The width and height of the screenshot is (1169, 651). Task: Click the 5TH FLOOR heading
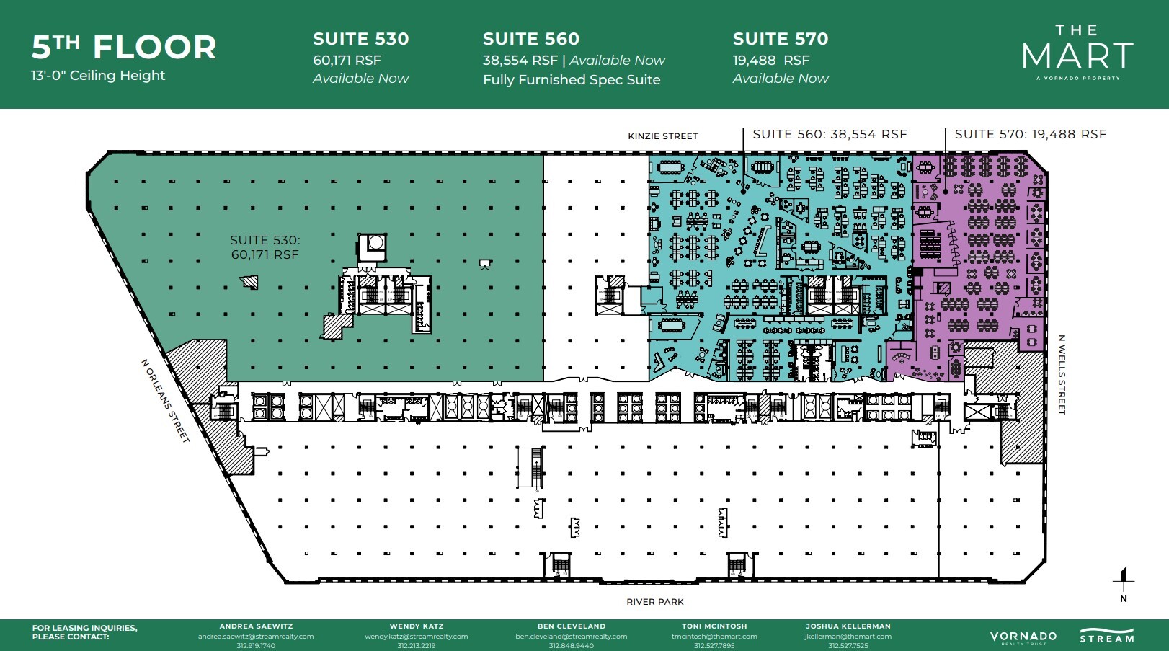point(123,48)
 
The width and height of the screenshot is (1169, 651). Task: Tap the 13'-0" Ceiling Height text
point(98,76)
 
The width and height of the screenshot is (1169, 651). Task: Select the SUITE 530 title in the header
point(360,39)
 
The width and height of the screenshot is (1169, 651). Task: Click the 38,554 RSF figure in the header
point(520,61)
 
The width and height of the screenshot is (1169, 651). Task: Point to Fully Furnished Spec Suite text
point(572,80)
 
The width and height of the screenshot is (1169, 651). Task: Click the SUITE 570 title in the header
point(781,39)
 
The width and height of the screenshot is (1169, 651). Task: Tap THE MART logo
point(1077,52)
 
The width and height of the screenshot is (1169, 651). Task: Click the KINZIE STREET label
point(662,136)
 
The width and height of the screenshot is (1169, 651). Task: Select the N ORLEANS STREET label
point(165,401)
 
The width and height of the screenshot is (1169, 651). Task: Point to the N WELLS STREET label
point(1062,375)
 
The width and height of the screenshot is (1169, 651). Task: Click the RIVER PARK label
point(654,602)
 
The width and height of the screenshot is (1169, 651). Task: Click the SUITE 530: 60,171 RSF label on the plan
point(265,247)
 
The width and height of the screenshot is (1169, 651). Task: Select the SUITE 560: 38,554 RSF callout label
point(830,135)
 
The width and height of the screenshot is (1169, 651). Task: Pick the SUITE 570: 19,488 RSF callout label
point(1030,135)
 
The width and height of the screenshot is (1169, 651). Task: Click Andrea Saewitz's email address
point(256,637)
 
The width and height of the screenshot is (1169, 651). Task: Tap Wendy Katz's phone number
point(416,646)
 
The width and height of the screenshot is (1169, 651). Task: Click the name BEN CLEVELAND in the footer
point(571,626)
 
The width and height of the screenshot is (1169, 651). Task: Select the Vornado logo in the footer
point(1023,637)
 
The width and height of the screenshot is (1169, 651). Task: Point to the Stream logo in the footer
point(1106,637)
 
